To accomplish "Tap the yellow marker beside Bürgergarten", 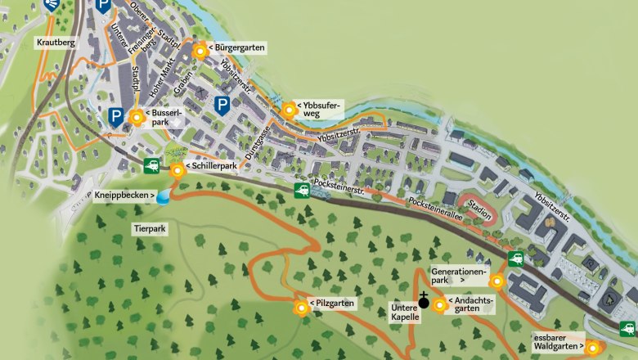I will pyautogui.click(x=200, y=52).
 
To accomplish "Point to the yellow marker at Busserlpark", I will pyautogui.click(x=137, y=117).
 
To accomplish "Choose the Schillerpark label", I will pyautogui.click(x=212, y=166).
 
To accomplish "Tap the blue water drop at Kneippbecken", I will pyautogui.click(x=164, y=196).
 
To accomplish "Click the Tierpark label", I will pyautogui.click(x=150, y=229).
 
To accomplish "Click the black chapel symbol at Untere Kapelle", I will pyautogui.click(x=424, y=301).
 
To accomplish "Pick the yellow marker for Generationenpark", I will pyautogui.click(x=496, y=281).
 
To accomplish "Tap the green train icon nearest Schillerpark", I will pyautogui.click(x=152, y=166).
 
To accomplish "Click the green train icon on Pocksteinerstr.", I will pyautogui.click(x=302, y=191).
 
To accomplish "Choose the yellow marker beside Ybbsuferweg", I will pyautogui.click(x=289, y=110).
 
